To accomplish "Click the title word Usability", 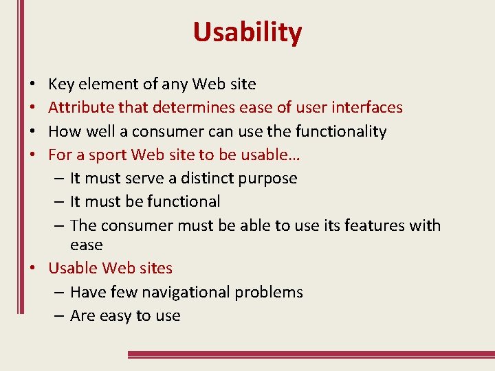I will (x=247, y=32).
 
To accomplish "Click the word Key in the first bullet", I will (x=61, y=85).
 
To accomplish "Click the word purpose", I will (x=266, y=179).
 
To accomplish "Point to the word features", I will (x=373, y=225).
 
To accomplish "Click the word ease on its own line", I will (x=86, y=245).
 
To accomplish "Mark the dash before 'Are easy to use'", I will (x=58, y=316).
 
